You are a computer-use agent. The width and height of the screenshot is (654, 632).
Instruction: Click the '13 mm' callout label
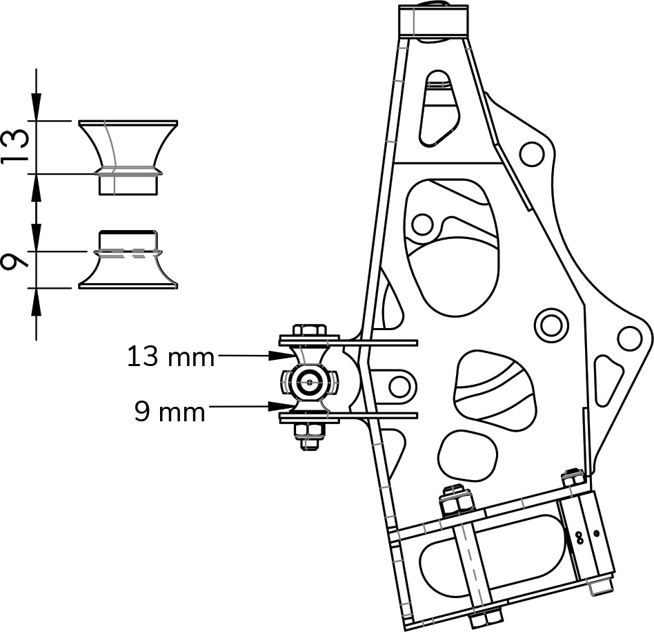170,357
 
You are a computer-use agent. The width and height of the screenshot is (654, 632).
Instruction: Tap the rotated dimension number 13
15,147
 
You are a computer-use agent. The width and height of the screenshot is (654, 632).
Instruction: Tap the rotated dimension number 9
15,262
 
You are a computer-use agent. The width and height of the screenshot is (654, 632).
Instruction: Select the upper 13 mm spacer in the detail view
128,157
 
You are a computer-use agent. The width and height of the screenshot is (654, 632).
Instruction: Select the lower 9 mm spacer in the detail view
128,259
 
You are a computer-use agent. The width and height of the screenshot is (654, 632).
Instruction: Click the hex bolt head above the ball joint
310,330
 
